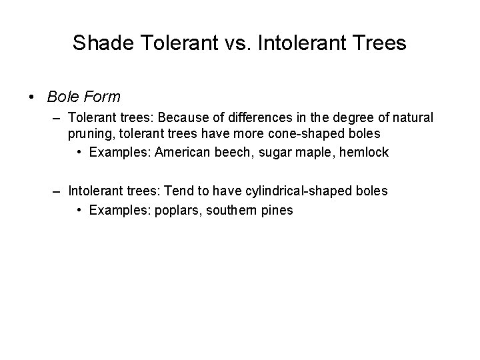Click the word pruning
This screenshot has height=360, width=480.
(89, 134)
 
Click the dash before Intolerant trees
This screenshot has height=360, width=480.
(59, 192)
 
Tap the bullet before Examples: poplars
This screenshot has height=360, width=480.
(79, 209)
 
